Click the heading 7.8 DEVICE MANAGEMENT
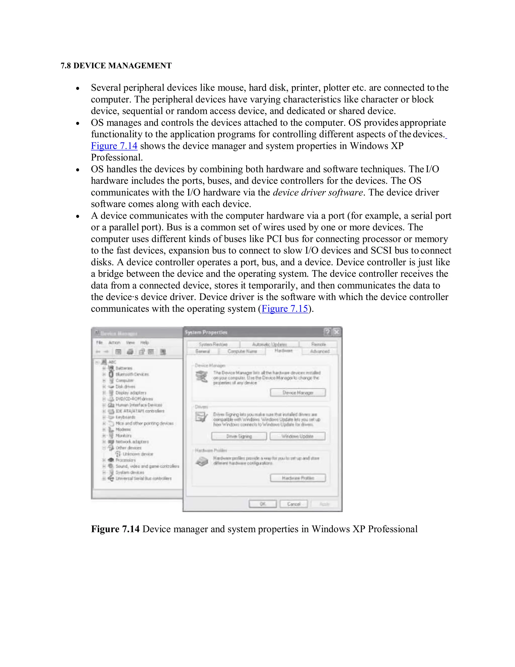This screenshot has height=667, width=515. point(116,66)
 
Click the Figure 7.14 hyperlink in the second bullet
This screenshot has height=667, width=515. point(114,146)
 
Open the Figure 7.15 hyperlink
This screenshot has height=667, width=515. point(285,309)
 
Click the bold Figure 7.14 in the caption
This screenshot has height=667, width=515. point(115,529)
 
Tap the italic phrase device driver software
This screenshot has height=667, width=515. point(318,192)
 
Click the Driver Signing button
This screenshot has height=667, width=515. point(239,436)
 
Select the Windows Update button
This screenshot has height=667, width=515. point(297,436)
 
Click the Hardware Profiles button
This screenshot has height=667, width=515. point(298,478)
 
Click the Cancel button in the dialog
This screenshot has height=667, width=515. point(293,504)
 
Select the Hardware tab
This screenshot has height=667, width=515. point(283,351)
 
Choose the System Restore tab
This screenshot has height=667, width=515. point(213,344)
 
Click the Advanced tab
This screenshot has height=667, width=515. point(320,351)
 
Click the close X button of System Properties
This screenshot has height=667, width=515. point(336,332)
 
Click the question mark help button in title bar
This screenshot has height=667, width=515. point(327,332)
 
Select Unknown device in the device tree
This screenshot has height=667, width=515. point(138,454)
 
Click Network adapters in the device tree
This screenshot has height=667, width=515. point(132,442)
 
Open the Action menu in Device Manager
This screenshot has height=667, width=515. point(114,343)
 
